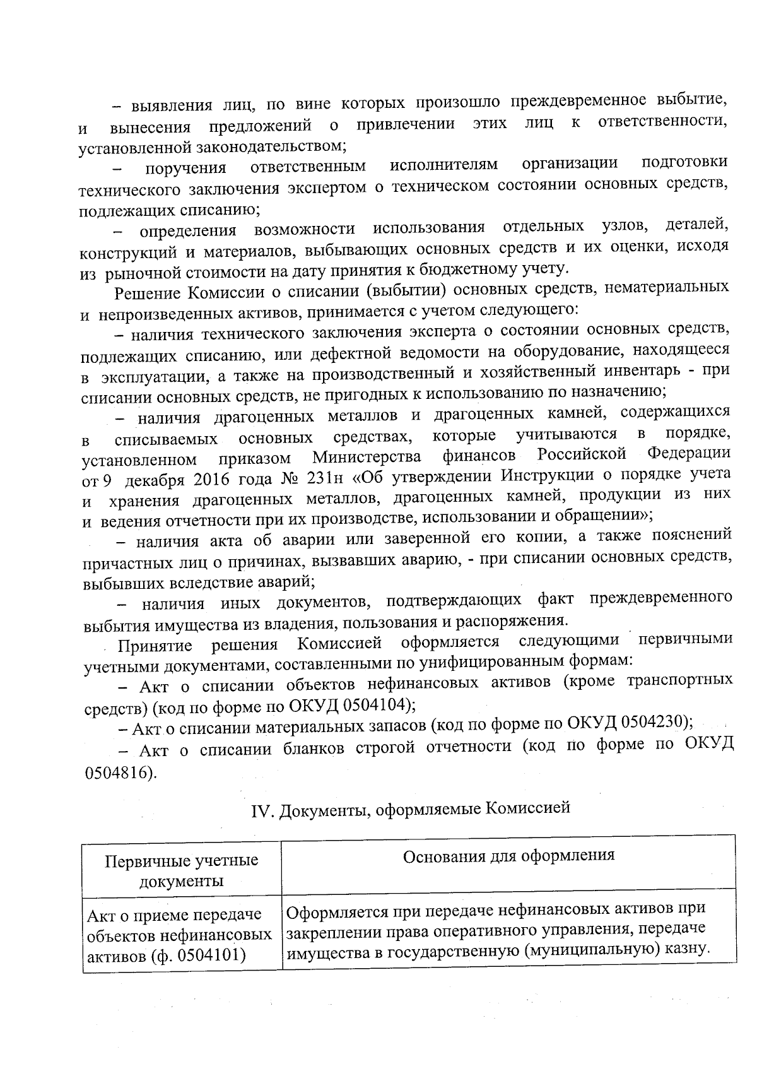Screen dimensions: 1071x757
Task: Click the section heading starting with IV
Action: (x=410, y=808)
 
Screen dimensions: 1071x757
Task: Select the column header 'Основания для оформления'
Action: (x=508, y=855)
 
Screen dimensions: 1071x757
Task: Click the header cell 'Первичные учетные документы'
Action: (x=182, y=870)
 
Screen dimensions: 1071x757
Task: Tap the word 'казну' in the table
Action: (x=681, y=949)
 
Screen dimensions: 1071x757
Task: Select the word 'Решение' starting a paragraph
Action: (x=149, y=293)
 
